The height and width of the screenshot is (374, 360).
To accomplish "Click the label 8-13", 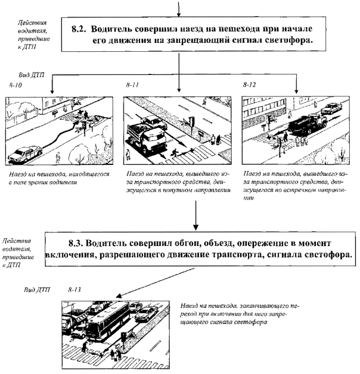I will point(75,289).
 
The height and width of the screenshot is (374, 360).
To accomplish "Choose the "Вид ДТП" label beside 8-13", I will point(36,290).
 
